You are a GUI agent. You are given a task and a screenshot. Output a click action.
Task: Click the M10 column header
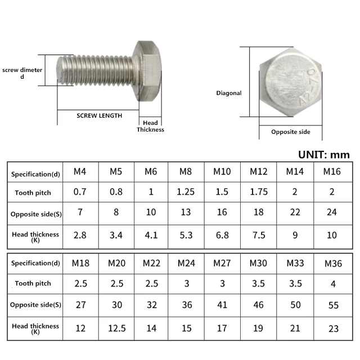[x=222, y=172]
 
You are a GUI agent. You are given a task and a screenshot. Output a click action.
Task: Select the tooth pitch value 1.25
[x=186, y=192]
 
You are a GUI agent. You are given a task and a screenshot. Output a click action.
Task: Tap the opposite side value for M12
[x=259, y=212]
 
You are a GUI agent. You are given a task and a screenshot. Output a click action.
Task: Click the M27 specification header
[x=222, y=263]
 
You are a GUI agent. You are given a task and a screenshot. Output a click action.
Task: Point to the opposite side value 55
[x=334, y=305]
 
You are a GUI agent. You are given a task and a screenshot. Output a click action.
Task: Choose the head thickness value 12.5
[x=117, y=328]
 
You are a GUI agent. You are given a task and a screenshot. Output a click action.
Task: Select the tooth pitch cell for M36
[x=333, y=284]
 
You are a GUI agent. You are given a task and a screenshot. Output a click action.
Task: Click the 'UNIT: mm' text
[x=324, y=155]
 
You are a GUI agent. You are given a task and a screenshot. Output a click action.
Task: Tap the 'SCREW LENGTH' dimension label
[x=100, y=115]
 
